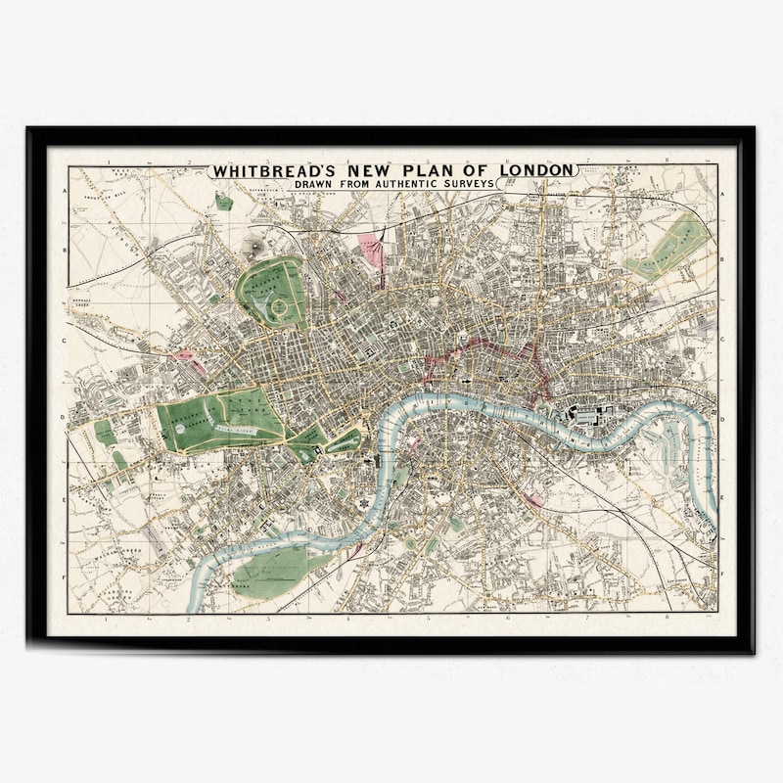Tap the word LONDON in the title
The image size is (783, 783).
tap(537, 170)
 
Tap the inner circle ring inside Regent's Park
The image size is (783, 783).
tap(279, 306)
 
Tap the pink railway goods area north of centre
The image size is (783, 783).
tap(371, 249)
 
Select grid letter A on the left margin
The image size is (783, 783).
tap(65, 194)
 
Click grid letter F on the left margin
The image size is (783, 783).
tap(65, 577)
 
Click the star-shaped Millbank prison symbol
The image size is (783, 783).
tap(364, 502)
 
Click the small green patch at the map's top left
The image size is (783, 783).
tap(224, 203)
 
